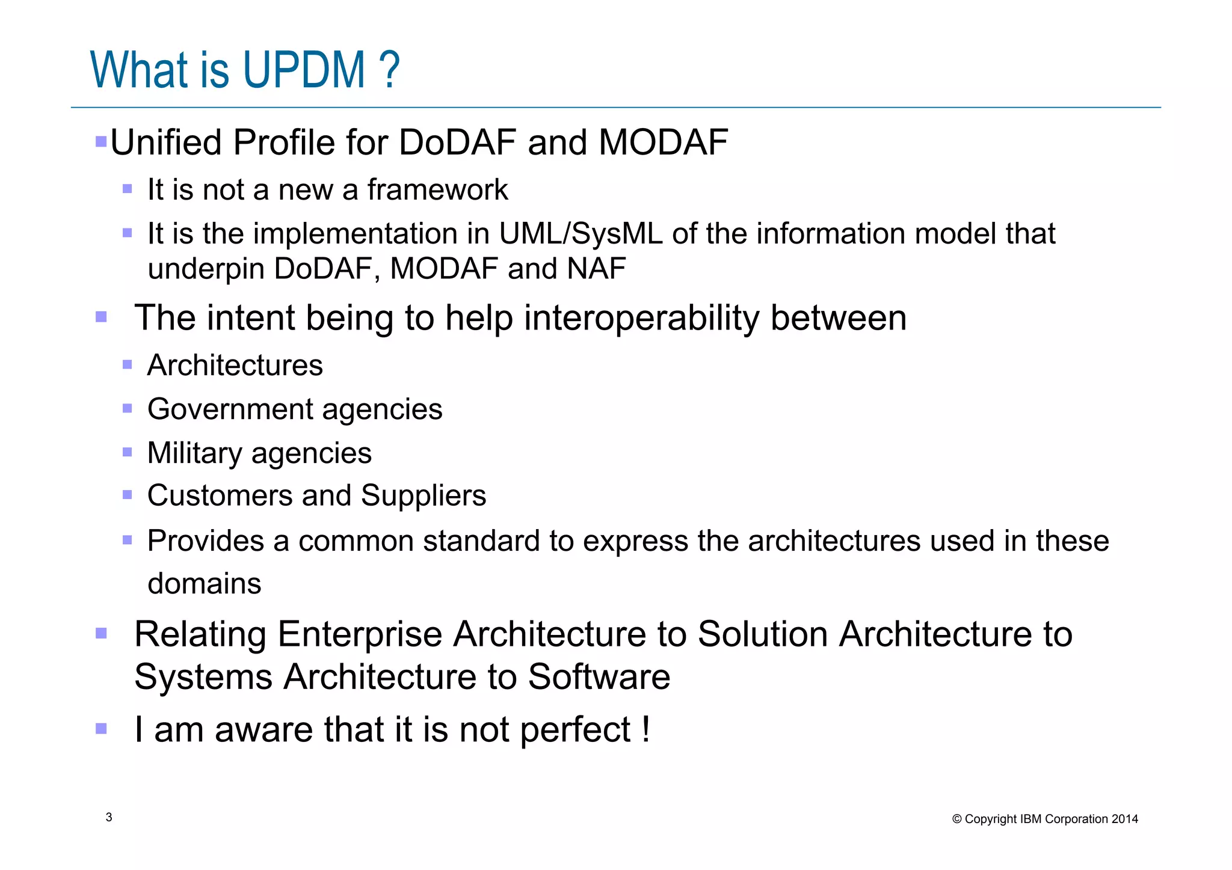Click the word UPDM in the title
coord(304,70)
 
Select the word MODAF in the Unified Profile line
coord(663,142)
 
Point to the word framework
coord(437,190)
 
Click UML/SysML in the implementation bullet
coord(581,234)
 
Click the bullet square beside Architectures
coord(127,364)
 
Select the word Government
coord(230,410)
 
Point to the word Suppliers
coord(423,496)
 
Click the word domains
coord(205,584)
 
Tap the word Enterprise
coord(360,634)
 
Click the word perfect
coord(575,731)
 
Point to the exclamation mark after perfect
coord(645,729)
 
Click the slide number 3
coord(109,817)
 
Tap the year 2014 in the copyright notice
coord(1124,819)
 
